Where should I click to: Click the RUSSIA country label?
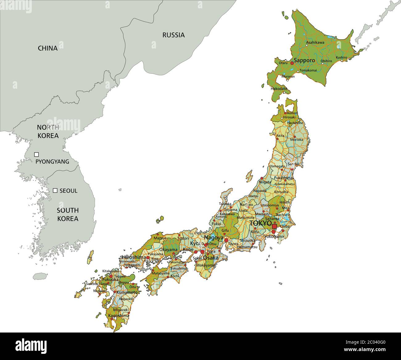[x=173, y=35]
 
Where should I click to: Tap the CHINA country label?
[x=48, y=48]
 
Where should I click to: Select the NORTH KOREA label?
[x=48, y=131]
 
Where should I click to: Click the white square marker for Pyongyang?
[x=36, y=154]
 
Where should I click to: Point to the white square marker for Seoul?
[x=55, y=190]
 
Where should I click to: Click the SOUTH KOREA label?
[x=68, y=214]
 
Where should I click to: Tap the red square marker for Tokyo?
[x=274, y=226]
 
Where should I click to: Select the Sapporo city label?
[x=304, y=60]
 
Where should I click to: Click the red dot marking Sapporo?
[x=292, y=63]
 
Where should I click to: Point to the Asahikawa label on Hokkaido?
[x=315, y=42]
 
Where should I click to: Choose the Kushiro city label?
[x=341, y=57]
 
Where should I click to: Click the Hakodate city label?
[x=279, y=89]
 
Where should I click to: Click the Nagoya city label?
[x=214, y=238]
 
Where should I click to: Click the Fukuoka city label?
[x=110, y=279]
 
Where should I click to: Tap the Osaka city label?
[x=211, y=258]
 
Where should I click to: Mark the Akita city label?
[x=280, y=136]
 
